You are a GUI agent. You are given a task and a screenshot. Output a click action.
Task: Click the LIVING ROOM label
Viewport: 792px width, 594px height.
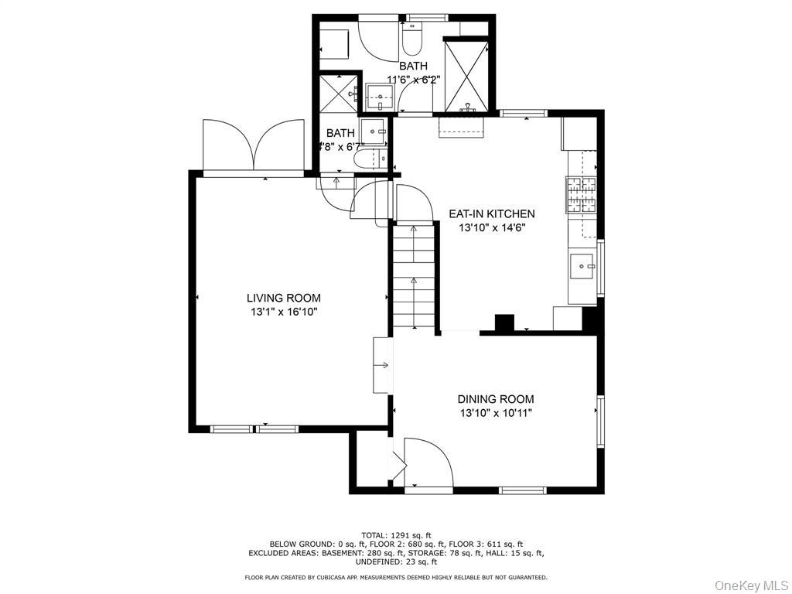(283, 298)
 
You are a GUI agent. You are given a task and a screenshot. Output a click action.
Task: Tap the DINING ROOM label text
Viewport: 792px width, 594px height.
(495, 399)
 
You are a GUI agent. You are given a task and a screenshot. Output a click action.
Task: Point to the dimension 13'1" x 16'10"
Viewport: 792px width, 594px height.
(283, 312)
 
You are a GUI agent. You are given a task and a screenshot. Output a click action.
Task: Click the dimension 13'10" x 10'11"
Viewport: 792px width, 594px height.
(495, 413)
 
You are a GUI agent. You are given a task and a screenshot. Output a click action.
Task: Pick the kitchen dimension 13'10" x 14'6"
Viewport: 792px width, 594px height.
(497, 227)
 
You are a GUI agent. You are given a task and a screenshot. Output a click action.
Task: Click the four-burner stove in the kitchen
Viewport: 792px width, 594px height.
(580, 195)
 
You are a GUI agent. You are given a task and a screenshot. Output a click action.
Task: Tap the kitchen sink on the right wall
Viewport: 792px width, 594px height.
(581, 267)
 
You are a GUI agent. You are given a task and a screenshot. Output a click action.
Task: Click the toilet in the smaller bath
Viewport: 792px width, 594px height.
(364, 159)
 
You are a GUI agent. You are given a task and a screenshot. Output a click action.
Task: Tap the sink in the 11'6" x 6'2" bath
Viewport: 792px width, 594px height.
(381, 97)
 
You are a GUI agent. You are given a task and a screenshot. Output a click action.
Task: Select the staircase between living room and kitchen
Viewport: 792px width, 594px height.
(415, 275)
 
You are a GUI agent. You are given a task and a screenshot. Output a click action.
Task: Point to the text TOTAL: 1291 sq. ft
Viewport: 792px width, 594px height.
(396, 535)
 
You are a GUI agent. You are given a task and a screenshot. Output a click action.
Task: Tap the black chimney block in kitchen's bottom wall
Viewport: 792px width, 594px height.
(504, 323)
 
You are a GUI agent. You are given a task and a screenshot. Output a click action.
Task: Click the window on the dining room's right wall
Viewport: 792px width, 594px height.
(599, 422)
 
